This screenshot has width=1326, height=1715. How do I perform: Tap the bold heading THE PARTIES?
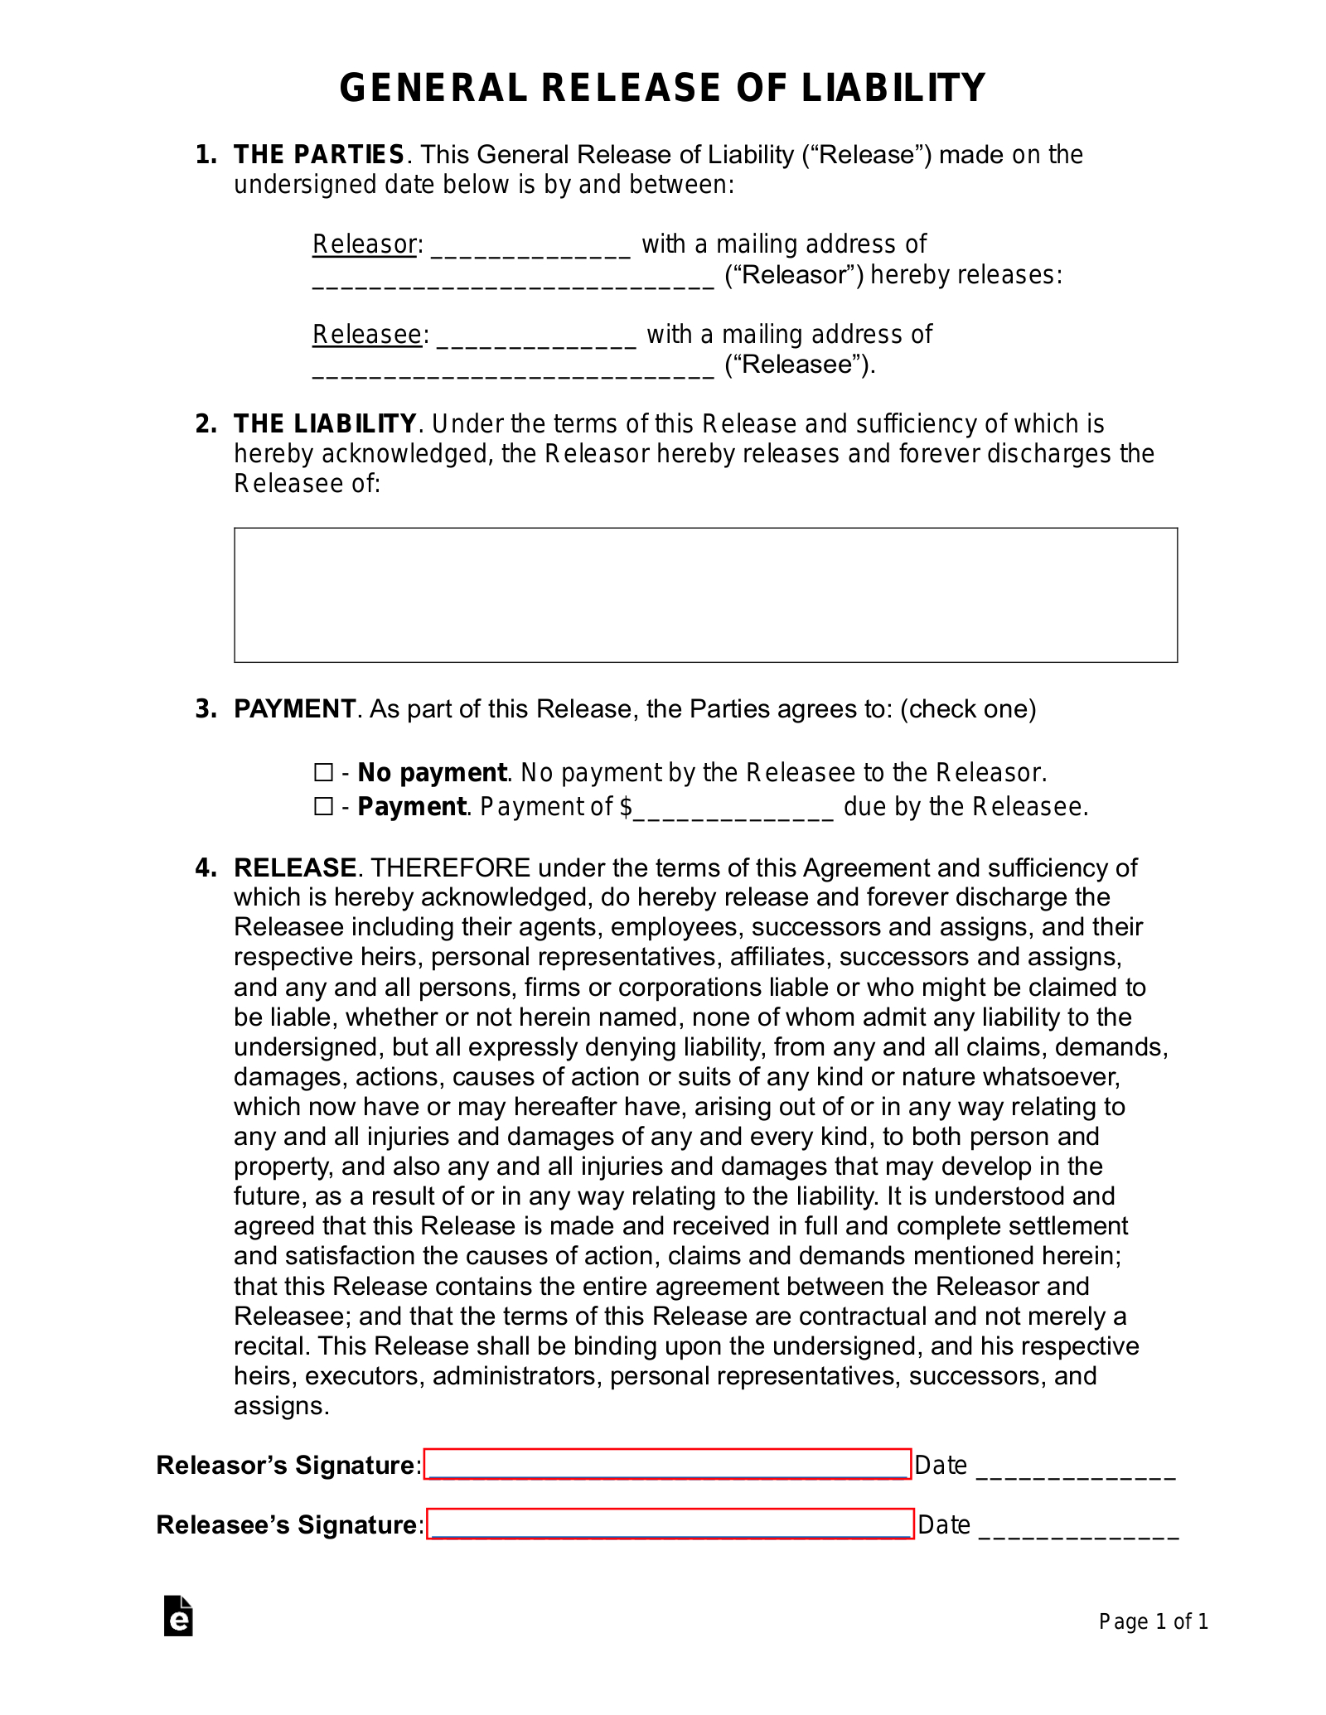(318, 155)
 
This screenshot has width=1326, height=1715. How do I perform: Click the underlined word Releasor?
(364, 244)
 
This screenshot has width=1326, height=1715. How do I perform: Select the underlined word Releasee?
(367, 335)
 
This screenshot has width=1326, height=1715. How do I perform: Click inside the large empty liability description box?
(705, 595)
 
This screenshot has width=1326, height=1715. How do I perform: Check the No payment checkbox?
(323, 773)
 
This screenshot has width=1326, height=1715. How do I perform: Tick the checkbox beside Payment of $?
(323, 807)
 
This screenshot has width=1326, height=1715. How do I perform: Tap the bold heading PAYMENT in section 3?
(294, 709)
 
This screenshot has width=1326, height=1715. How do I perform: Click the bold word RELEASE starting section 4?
(295, 867)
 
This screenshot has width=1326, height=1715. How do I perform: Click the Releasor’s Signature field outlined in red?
(667, 1464)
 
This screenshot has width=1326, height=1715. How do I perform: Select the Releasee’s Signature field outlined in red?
(670, 1524)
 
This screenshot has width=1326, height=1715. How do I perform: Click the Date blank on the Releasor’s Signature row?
(1076, 1469)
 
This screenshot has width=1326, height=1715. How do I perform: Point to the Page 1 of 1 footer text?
(1153, 1621)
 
